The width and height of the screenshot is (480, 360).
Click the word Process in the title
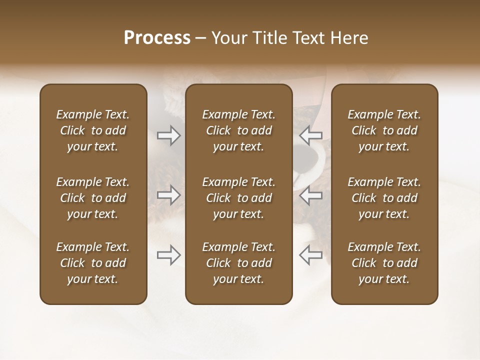157,38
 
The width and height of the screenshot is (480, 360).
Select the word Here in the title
349,38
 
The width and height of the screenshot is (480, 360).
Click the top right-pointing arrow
169,135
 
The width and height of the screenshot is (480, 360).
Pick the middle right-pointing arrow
169,195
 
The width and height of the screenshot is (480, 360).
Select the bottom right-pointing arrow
169,255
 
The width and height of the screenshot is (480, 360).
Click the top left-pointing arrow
311,135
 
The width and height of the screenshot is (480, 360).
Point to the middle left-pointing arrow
311,195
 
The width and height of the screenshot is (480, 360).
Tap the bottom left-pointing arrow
311,255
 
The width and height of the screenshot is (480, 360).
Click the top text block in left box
93,130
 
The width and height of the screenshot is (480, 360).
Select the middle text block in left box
93,198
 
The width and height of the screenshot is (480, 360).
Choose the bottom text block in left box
93,263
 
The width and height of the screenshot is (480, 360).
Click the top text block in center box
238,130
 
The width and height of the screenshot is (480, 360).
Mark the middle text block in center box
238,198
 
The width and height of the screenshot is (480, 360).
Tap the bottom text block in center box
238,263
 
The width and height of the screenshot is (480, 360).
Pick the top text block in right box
384,130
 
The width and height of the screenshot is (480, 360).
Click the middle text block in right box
384,198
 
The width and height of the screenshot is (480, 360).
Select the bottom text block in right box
384,263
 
